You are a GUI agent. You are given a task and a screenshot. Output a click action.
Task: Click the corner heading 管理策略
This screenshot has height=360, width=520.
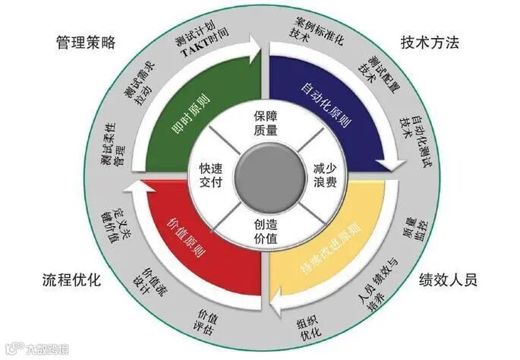(85, 43)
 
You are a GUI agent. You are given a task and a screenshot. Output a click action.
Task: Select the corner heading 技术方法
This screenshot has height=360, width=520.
(430, 43)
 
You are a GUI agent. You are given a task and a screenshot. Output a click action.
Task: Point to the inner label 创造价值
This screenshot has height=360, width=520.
(260, 232)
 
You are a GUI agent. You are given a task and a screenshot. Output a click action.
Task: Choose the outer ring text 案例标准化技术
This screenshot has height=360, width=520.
(314, 30)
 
